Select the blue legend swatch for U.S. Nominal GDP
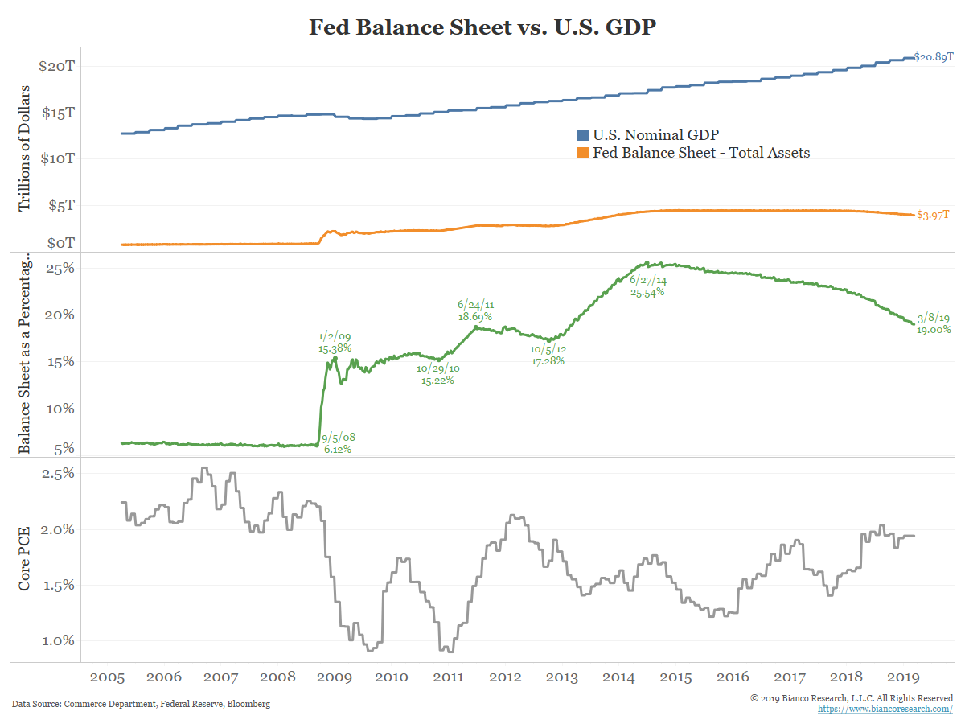point(584,134)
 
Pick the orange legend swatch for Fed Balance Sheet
point(584,152)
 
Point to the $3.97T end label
point(933,214)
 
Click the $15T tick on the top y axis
point(58,113)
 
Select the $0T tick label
point(61,242)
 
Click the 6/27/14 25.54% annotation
point(648,286)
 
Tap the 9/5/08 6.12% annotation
point(339,443)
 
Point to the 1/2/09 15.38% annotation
point(335,343)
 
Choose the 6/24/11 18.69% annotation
point(475,311)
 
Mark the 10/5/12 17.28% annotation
point(547,355)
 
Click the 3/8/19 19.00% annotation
point(934,323)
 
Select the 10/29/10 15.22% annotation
point(437,374)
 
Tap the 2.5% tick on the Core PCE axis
point(58,473)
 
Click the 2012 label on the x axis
point(507,677)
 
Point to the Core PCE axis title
point(25,559)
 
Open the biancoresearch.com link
point(885,709)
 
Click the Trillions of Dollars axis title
point(25,147)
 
